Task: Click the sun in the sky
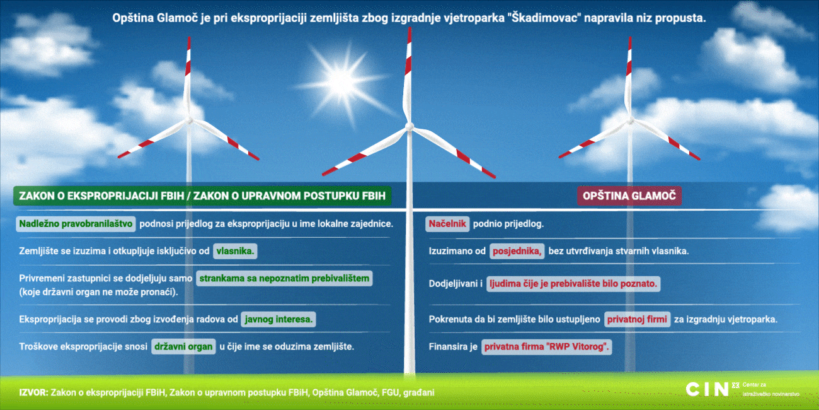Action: click(342, 81)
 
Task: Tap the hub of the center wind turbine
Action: click(409, 127)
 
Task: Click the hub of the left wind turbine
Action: click(189, 120)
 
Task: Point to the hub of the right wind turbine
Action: click(630, 120)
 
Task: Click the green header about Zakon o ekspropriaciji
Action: click(202, 196)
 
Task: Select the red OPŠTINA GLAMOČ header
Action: click(629, 196)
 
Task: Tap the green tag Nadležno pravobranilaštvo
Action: click(76, 224)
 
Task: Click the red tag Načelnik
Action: click(447, 224)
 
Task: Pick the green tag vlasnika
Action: click(235, 251)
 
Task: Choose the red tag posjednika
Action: click(517, 251)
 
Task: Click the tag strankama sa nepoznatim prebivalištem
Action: click(284, 279)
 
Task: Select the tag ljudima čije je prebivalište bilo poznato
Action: click(573, 284)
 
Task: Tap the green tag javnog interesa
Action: click(278, 319)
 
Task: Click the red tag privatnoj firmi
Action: click(638, 319)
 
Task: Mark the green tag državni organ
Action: click(183, 347)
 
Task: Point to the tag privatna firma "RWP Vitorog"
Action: click(547, 347)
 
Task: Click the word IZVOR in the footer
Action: click(33, 393)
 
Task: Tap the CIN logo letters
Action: click(707, 389)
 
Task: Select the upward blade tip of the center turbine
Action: click(409, 28)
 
